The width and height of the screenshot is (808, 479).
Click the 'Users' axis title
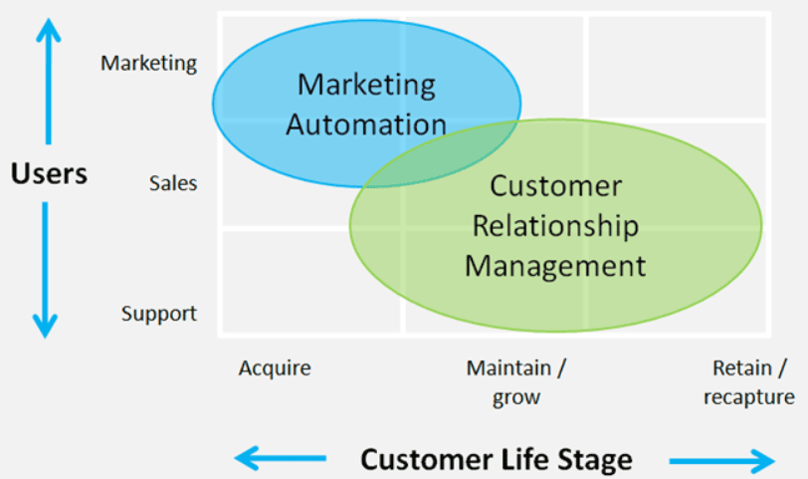(x=49, y=173)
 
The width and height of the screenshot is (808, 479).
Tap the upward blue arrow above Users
(x=49, y=82)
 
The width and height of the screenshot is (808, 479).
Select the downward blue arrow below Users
(x=46, y=270)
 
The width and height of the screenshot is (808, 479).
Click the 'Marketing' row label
(x=148, y=64)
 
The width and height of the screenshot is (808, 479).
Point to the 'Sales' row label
(x=173, y=183)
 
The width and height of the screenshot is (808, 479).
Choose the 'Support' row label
(x=159, y=314)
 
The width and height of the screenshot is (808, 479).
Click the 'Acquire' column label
(x=275, y=368)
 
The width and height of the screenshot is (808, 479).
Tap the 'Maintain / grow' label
(x=516, y=382)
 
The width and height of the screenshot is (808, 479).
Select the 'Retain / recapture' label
(x=749, y=382)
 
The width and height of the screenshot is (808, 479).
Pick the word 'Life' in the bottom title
(x=520, y=459)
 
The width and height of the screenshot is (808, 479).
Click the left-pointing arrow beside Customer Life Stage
(x=281, y=458)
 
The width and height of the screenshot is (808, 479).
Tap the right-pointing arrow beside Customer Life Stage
(x=722, y=461)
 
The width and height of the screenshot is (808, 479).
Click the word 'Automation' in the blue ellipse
(x=366, y=124)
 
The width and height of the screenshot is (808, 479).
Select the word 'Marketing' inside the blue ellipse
(x=366, y=85)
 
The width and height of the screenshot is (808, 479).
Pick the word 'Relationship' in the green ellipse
(x=555, y=226)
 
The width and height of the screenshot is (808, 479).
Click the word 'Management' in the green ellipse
(x=555, y=266)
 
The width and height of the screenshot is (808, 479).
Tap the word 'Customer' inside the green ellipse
(x=556, y=185)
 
